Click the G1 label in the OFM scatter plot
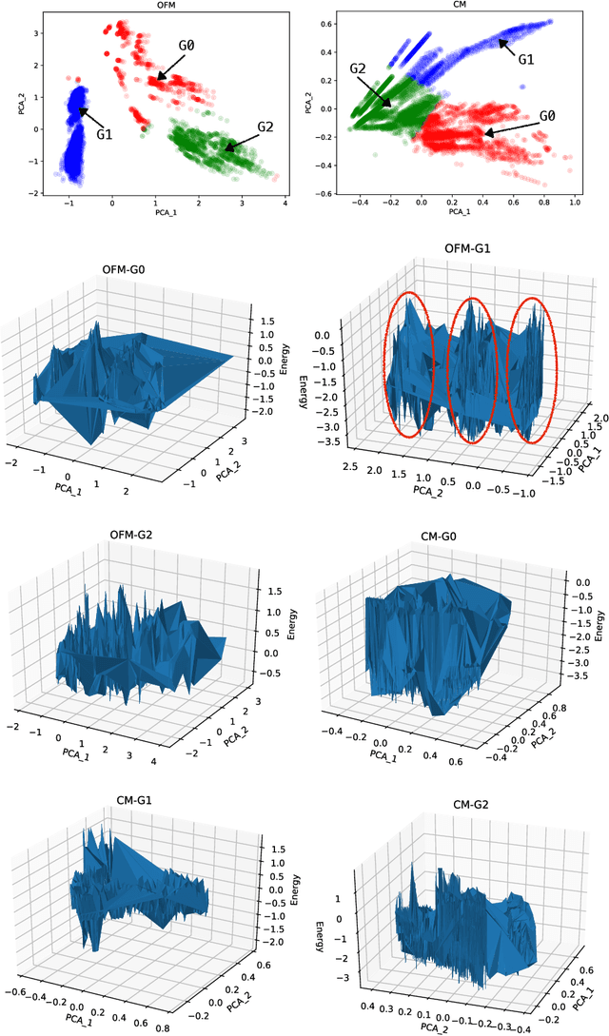coord(104,135)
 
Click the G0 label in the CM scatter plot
coord(546,117)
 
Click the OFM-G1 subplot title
coord(463,250)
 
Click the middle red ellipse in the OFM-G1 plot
coord(474,370)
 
